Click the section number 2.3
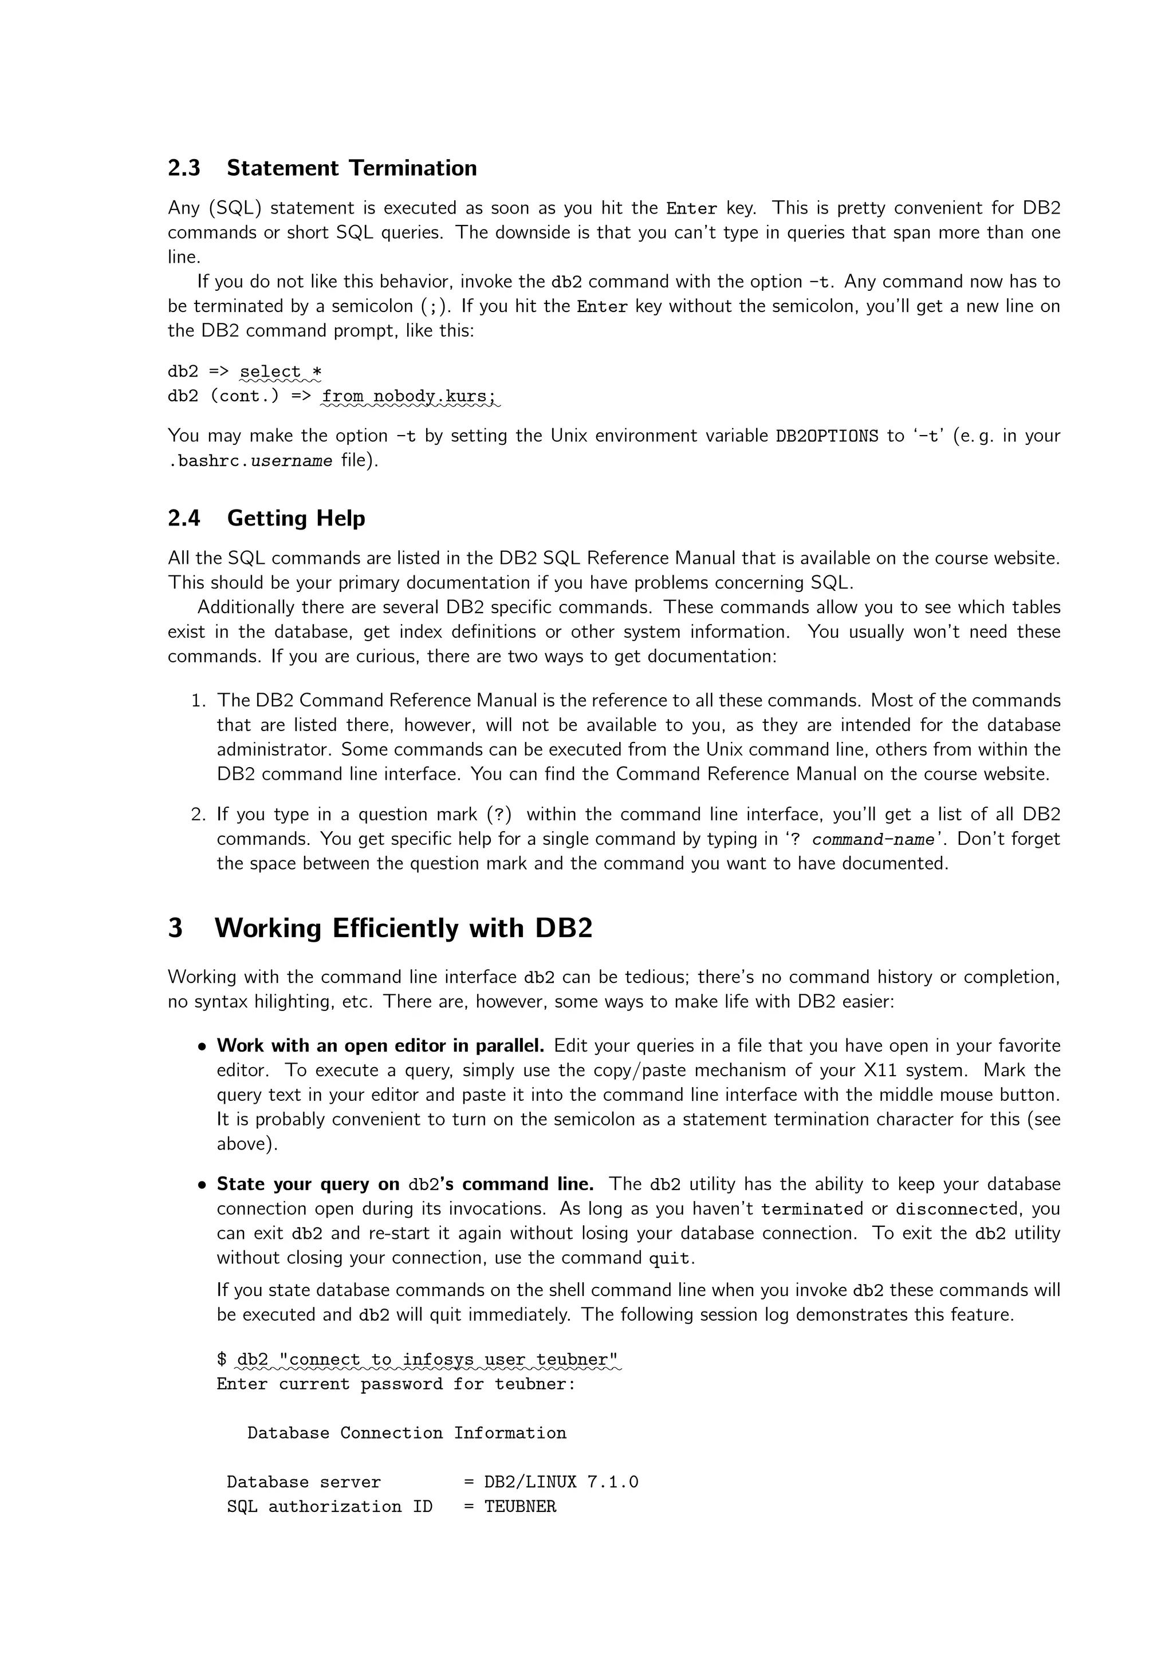(x=184, y=168)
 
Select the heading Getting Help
(x=296, y=518)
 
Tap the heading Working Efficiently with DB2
(x=403, y=928)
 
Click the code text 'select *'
(x=281, y=372)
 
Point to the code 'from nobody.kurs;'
(x=409, y=396)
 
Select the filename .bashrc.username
(x=250, y=461)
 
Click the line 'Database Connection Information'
(x=406, y=1433)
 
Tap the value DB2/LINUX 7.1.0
(x=561, y=1482)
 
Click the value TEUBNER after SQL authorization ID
(x=519, y=1507)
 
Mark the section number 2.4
(x=184, y=518)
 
